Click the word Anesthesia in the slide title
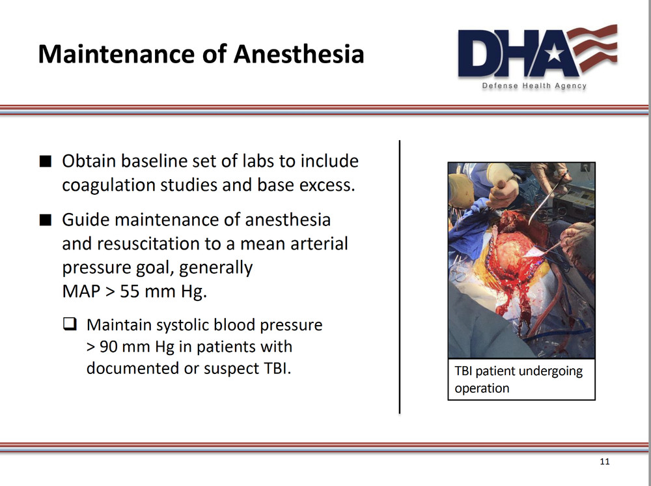pos(298,54)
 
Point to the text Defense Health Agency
pos(534,86)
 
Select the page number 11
pos(604,462)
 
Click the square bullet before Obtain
pos(44,161)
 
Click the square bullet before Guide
pos(44,220)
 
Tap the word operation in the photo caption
pos(482,388)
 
